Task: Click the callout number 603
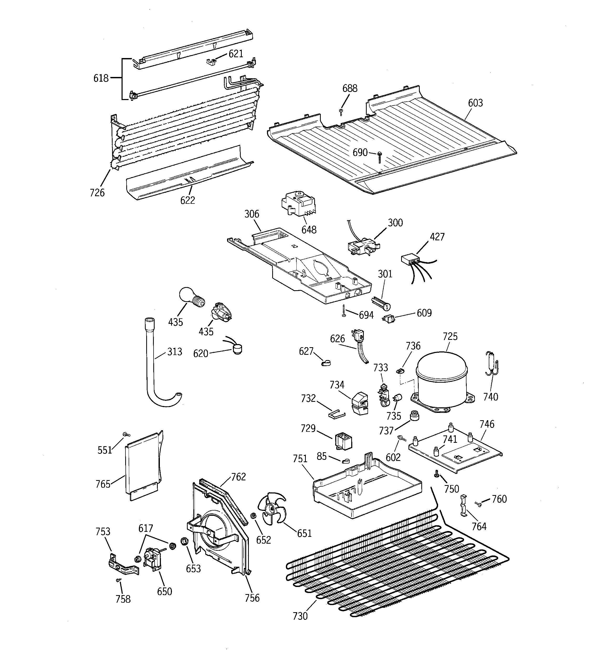[475, 103]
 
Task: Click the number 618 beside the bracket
[101, 78]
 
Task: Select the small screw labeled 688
[341, 112]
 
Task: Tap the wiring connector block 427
[410, 260]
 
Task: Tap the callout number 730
[300, 616]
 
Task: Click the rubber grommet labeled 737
[414, 416]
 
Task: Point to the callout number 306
[251, 214]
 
